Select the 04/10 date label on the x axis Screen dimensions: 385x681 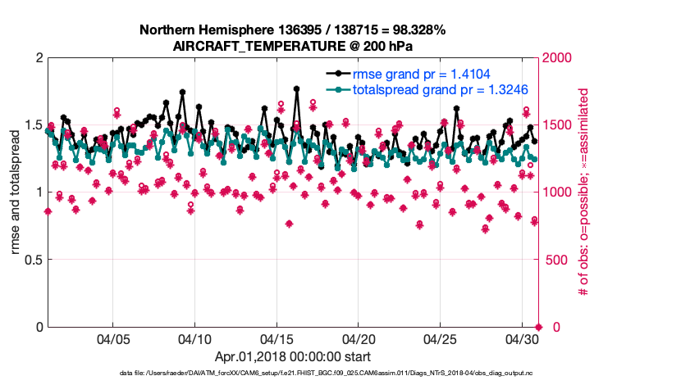tap(194, 338)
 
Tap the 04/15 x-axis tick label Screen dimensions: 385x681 tap(277, 338)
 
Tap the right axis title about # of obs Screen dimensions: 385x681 tap(584, 192)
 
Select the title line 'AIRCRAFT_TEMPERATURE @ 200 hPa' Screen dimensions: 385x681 tap(292, 46)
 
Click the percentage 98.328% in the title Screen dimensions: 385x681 tap(417, 30)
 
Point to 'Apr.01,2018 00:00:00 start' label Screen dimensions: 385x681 tap(293, 356)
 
